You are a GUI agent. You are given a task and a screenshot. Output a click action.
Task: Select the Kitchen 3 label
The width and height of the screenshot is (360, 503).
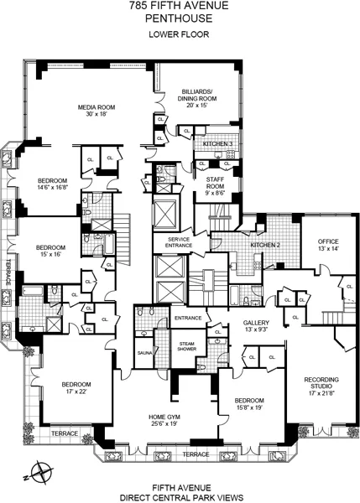217,144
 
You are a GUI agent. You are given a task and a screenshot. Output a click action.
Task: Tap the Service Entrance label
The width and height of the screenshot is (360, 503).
180,241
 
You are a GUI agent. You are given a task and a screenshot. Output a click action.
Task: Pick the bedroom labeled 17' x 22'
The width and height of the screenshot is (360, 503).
75,388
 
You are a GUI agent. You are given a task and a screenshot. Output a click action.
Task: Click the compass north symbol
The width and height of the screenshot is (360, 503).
39,470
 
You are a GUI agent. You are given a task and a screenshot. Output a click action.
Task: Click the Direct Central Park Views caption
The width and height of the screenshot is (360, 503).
180,496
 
